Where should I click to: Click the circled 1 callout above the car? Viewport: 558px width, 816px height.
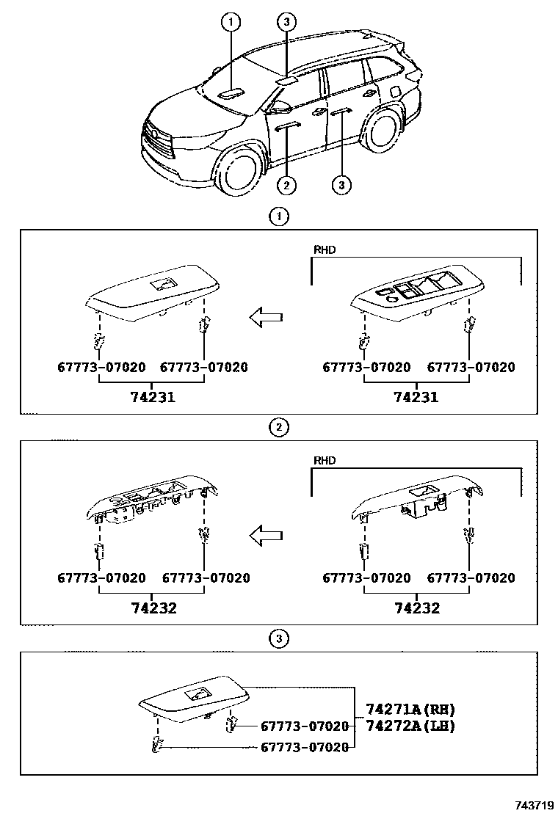[231, 23]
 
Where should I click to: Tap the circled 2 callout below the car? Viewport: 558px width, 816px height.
[287, 184]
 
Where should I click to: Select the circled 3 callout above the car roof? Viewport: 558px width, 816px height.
[287, 23]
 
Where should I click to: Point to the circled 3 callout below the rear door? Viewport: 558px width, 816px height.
[341, 184]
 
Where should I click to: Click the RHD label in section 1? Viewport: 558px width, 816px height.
[325, 250]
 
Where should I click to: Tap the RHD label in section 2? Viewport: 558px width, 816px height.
[325, 461]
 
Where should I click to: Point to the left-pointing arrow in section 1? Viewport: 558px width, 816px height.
[266, 318]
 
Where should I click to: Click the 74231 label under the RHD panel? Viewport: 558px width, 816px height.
[417, 397]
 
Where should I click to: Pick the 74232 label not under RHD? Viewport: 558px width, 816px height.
[153, 608]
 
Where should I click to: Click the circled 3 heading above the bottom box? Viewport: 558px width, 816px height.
[278, 639]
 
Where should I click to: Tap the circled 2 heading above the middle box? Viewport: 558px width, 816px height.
[278, 428]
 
